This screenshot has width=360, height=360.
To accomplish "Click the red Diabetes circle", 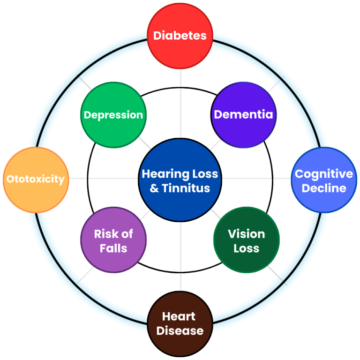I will (180, 36).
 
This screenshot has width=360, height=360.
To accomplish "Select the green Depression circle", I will (113, 115).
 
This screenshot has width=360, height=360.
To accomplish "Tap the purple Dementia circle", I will (243, 115).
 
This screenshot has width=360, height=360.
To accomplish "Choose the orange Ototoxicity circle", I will (36, 180).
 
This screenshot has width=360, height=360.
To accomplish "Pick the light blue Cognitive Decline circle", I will (324, 180).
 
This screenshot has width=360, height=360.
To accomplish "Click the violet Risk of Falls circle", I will (113, 240).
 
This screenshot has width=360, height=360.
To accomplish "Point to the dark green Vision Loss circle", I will (246, 240).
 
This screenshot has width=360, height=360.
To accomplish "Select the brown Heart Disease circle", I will (180, 323).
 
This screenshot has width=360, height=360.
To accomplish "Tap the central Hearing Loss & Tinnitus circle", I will (180, 180).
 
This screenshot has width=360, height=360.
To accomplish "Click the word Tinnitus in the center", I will (186, 188).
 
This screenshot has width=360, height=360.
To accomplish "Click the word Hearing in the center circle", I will (161, 174).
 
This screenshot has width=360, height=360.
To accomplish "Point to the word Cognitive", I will (324, 174).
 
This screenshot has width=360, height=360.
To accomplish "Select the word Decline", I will (324, 188).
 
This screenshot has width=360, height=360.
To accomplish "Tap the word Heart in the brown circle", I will (179, 316).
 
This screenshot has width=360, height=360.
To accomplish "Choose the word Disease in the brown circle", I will (180, 330).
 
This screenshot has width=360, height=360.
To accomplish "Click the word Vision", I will (246, 233).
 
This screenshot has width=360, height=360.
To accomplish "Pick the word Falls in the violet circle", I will (113, 247).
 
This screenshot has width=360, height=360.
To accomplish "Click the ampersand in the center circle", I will (154, 188).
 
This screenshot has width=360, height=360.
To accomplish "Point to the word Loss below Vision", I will (246, 247).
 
